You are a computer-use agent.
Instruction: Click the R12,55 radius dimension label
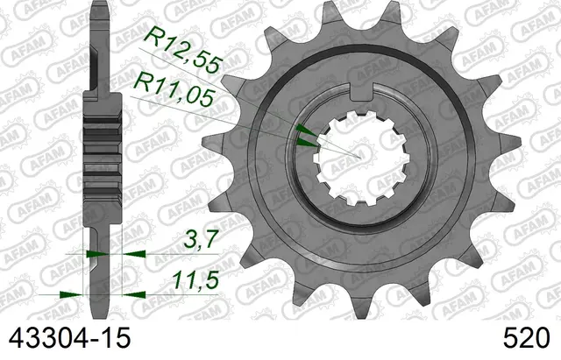183,51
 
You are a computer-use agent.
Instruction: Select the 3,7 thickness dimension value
201,239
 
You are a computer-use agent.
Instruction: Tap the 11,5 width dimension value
195,279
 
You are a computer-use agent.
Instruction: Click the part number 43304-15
69,338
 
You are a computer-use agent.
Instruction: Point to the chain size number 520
526,338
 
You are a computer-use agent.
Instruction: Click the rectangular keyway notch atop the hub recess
362,91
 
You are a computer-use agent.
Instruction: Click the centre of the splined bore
362,158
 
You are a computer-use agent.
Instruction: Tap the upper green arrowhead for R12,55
305,131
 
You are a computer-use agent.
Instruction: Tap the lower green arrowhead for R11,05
308,144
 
